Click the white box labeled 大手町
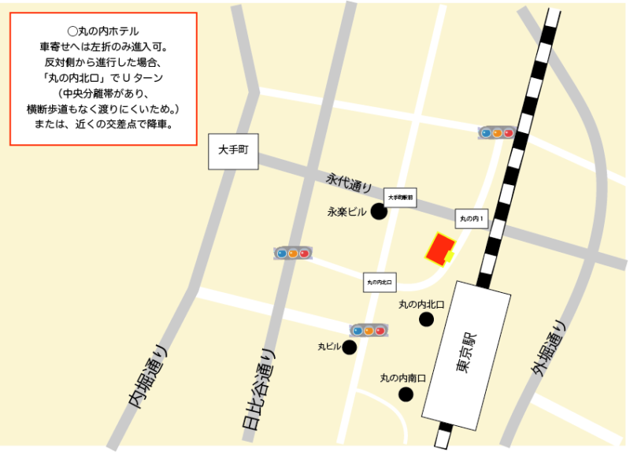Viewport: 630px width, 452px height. tap(233, 151)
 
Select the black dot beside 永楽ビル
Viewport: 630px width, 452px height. tap(379, 211)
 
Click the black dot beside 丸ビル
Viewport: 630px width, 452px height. tap(349, 346)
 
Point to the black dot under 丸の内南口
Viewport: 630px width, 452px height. tap(406, 395)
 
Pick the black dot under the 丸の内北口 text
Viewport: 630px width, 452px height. tap(426, 319)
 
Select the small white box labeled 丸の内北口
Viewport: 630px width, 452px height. tap(380, 281)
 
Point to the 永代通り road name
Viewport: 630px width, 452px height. tap(348, 183)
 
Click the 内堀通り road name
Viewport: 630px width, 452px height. tap(150, 378)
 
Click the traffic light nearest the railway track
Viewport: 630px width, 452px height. tap(496, 132)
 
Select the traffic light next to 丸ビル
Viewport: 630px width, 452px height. tap(369, 331)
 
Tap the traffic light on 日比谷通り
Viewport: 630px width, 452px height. tap(292, 254)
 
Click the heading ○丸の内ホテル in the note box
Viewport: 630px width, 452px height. tap(102, 31)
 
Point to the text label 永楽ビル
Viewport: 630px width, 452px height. tap(347, 212)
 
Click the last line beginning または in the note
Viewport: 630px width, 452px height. tap(102, 124)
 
